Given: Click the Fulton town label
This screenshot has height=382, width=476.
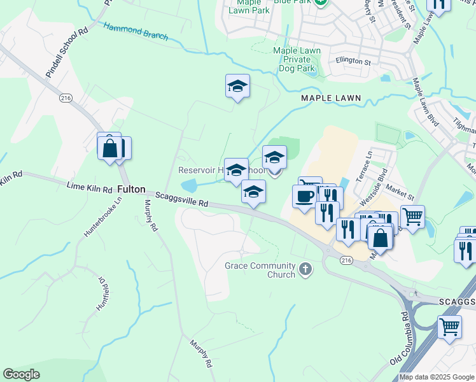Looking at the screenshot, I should coord(131,190).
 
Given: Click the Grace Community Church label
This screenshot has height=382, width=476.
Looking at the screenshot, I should coord(260,269).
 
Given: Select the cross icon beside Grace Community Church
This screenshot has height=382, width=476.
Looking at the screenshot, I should coord(305,270).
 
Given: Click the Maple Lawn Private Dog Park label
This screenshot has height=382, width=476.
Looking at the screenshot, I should coord(294,59).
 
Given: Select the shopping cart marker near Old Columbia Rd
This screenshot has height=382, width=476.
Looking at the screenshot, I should coord(450,327).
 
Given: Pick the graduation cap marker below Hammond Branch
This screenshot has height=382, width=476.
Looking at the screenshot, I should coord(237,86).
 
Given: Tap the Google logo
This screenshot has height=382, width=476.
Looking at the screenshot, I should coord(22,374).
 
